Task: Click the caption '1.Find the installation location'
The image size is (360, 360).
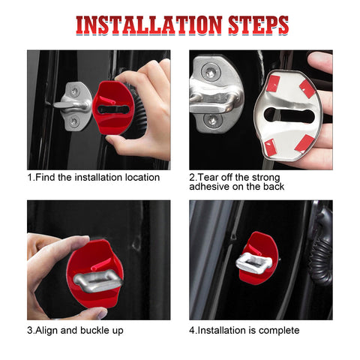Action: pos(94,178)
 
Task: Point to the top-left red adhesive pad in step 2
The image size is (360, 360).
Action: pos(273,85)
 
